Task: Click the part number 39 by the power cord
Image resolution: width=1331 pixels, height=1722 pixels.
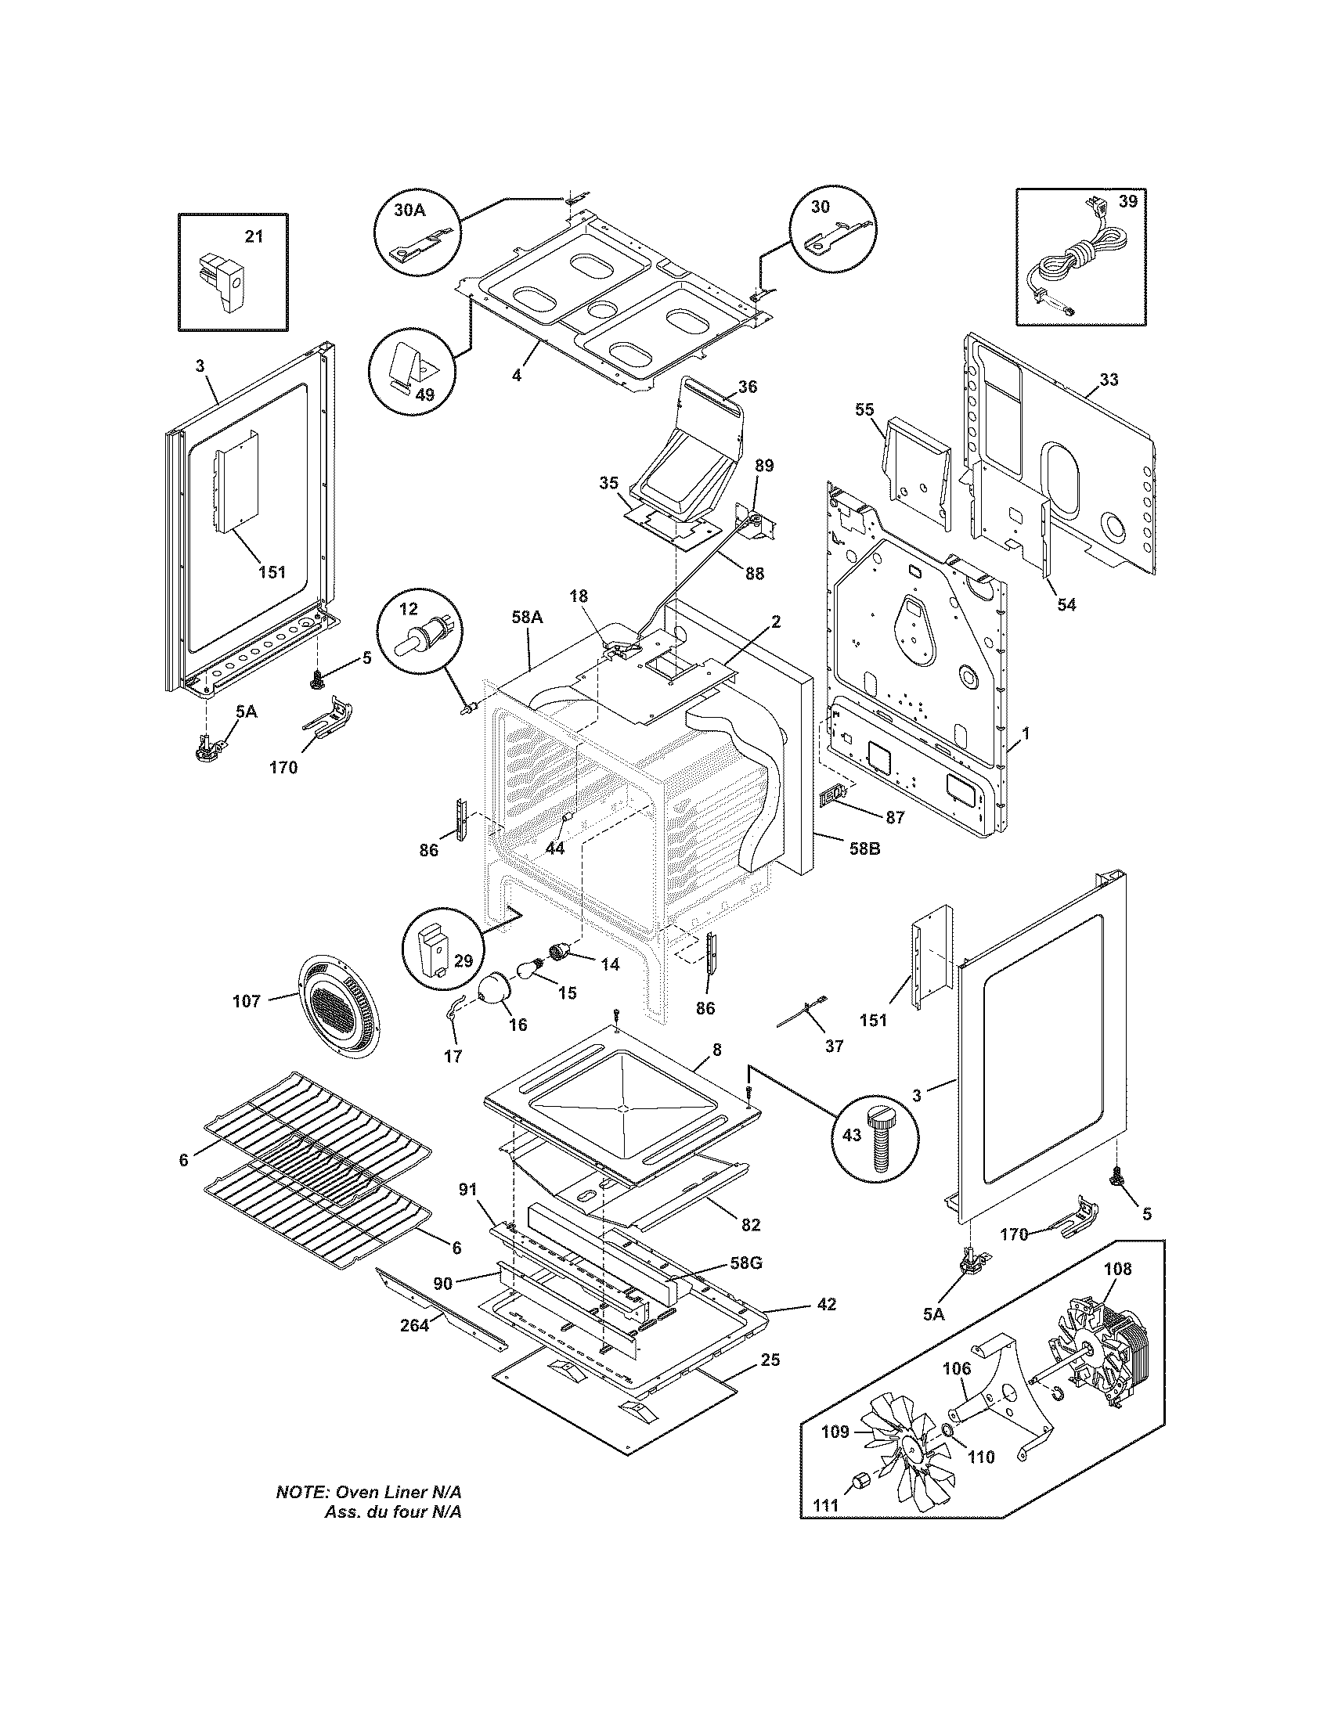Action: [1128, 202]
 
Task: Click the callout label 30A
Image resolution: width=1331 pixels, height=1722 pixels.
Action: [409, 211]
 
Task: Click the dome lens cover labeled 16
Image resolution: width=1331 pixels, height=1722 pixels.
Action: [496, 989]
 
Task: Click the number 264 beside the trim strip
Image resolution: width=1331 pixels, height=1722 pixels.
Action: [414, 1325]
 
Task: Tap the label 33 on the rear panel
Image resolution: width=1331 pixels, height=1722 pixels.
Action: [1109, 380]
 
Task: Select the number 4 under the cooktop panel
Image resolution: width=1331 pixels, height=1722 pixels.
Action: [517, 375]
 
